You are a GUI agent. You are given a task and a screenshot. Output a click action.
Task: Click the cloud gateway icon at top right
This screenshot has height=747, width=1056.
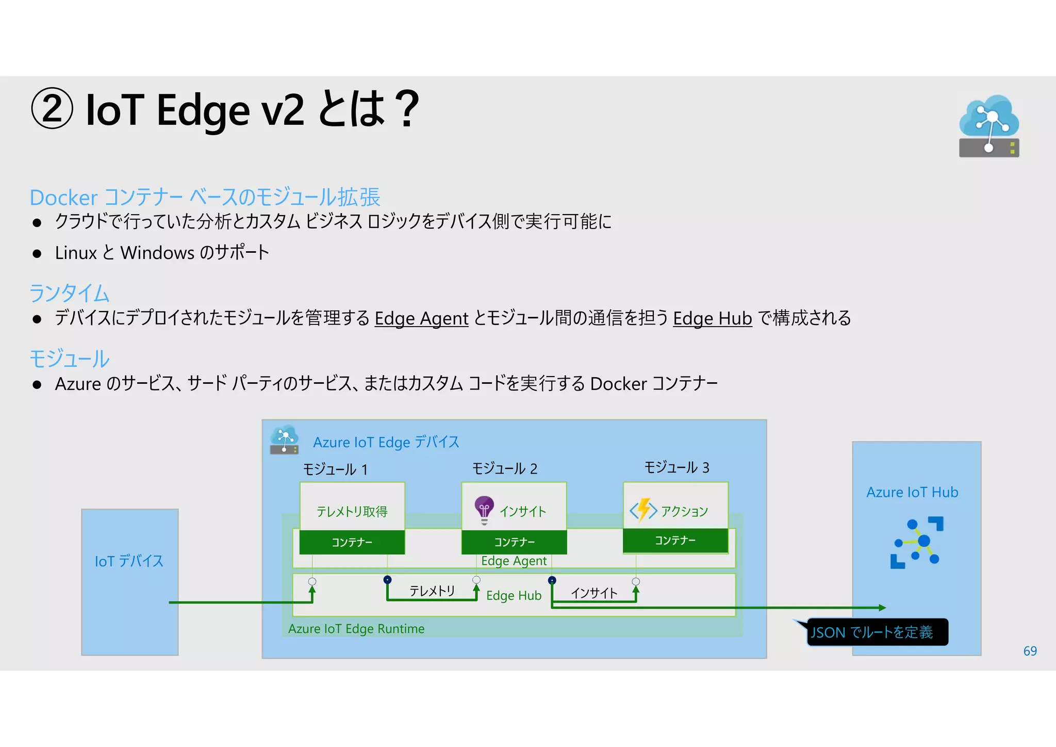(988, 126)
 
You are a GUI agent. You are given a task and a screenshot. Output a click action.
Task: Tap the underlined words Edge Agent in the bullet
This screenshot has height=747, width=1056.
(421, 318)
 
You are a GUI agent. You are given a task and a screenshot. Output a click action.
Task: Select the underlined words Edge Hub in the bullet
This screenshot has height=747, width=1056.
(712, 318)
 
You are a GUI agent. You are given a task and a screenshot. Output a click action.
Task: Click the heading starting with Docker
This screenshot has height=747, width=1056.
(205, 197)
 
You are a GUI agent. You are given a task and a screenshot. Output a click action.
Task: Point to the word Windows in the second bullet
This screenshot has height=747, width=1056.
(157, 253)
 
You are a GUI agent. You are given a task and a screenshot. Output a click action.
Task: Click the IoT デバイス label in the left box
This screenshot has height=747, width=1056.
(129, 561)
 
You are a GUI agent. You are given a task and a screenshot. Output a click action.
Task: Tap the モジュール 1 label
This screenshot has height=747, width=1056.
(335, 469)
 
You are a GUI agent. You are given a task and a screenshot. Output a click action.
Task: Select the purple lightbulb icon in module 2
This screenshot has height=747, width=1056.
(484, 509)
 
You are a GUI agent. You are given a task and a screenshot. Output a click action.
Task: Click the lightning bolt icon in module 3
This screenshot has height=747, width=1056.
(643, 510)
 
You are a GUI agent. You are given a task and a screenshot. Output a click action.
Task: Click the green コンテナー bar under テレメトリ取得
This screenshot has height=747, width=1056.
(352, 542)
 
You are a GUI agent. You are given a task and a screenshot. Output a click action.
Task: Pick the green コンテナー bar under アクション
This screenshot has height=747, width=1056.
(675, 540)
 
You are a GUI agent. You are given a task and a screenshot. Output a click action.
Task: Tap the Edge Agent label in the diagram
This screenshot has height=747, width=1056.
(514, 561)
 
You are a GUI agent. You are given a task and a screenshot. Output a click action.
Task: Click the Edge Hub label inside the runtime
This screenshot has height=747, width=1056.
(514, 595)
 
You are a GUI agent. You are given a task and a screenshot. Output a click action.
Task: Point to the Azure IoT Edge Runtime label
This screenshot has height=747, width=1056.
(356, 628)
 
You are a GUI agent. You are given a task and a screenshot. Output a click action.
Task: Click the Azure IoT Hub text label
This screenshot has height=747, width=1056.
(912, 492)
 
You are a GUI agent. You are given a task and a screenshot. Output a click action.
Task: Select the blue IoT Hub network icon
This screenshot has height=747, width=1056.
(916, 543)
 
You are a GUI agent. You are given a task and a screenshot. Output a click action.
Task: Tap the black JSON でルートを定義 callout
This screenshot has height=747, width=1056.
(876, 632)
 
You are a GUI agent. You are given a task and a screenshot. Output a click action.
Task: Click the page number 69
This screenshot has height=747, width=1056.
(1030, 651)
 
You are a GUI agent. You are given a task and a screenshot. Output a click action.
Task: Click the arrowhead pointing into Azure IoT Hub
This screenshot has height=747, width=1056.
(882, 608)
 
